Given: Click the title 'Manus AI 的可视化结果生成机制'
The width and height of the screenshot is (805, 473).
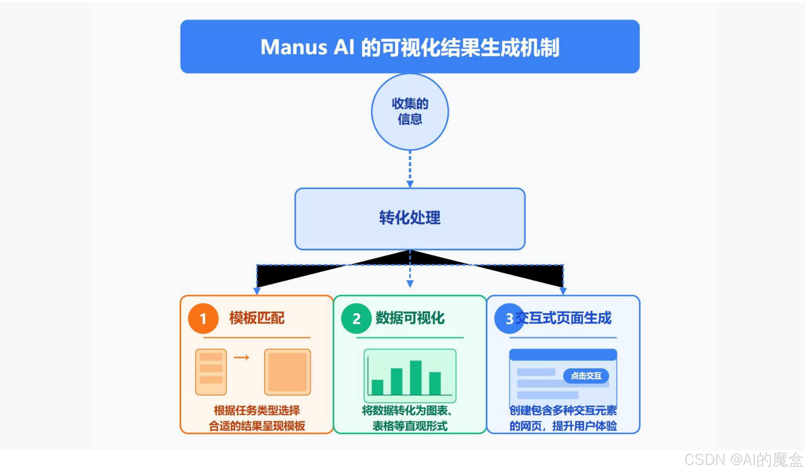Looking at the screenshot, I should [410, 47].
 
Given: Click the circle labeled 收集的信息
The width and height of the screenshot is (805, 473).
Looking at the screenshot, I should [410, 111].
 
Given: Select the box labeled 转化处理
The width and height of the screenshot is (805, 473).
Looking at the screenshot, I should [410, 218].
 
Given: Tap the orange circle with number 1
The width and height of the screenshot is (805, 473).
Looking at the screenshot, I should [203, 318].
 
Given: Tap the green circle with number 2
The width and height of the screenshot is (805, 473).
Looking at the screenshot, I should [356, 318].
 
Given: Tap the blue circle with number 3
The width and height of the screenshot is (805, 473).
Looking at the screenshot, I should [508, 318].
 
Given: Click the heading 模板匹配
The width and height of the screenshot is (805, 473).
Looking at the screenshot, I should [257, 318].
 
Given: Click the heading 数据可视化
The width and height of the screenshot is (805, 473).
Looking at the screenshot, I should [410, 318].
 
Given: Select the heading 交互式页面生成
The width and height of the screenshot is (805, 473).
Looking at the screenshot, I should [563, 318].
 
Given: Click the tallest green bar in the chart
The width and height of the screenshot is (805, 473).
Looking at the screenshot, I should [416, 378].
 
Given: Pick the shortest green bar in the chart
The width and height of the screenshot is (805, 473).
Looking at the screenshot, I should [377, 387].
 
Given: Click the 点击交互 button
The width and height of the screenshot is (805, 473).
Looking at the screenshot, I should [586, 376].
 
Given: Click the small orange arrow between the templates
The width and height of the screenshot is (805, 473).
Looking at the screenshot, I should [241, 357].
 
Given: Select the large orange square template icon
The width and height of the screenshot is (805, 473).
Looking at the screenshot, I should [287, 372].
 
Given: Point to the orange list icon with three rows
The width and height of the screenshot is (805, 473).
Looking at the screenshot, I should [211, 372].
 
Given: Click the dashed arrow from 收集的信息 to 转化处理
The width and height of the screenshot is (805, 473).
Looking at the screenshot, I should [410, 169].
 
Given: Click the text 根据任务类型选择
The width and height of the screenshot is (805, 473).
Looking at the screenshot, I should [257, 411].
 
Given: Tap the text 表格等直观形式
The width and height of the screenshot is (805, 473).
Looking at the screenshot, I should [410, 426].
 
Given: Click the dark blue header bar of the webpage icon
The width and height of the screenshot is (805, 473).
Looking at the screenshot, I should [563, 354].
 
